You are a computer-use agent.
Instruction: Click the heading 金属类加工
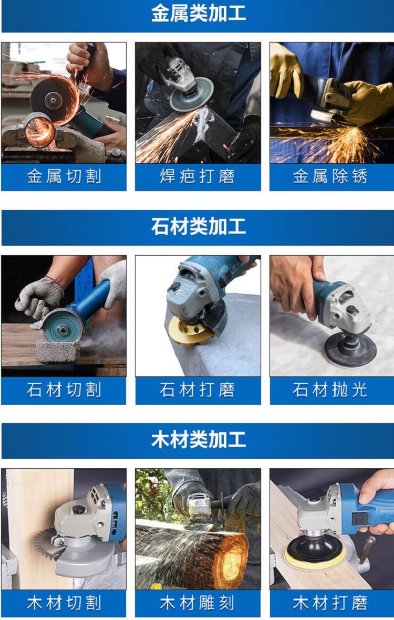pos(199,14)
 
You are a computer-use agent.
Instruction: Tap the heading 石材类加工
pos(199,227)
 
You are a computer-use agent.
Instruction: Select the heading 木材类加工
pos(199,440)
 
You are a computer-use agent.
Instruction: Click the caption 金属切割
pos(64,176)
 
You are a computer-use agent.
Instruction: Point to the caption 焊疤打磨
pos(198,176)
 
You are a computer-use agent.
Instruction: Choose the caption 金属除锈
pos(330,176)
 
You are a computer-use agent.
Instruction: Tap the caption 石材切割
pos(64,390)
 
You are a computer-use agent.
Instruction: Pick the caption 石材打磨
pos(198,390)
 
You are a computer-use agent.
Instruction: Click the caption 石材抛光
pos(330,390)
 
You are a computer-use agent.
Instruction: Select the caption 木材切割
pos(64,603)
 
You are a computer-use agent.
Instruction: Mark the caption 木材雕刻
pos(198,603)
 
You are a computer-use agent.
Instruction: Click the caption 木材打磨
pos(330,603)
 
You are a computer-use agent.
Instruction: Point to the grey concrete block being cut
pos(58,350)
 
